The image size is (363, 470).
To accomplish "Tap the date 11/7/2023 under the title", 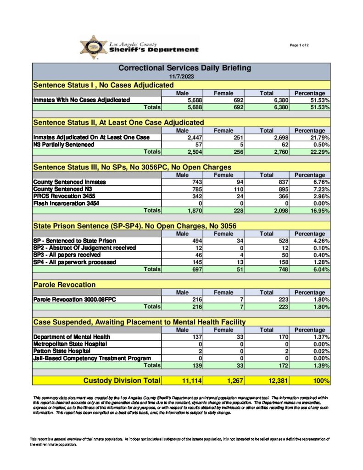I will pos(181,76).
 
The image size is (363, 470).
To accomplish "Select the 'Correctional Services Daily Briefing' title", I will pos(185,68).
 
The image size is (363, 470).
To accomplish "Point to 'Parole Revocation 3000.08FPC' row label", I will pos(74,300).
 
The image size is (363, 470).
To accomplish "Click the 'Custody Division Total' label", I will pos(122,380).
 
